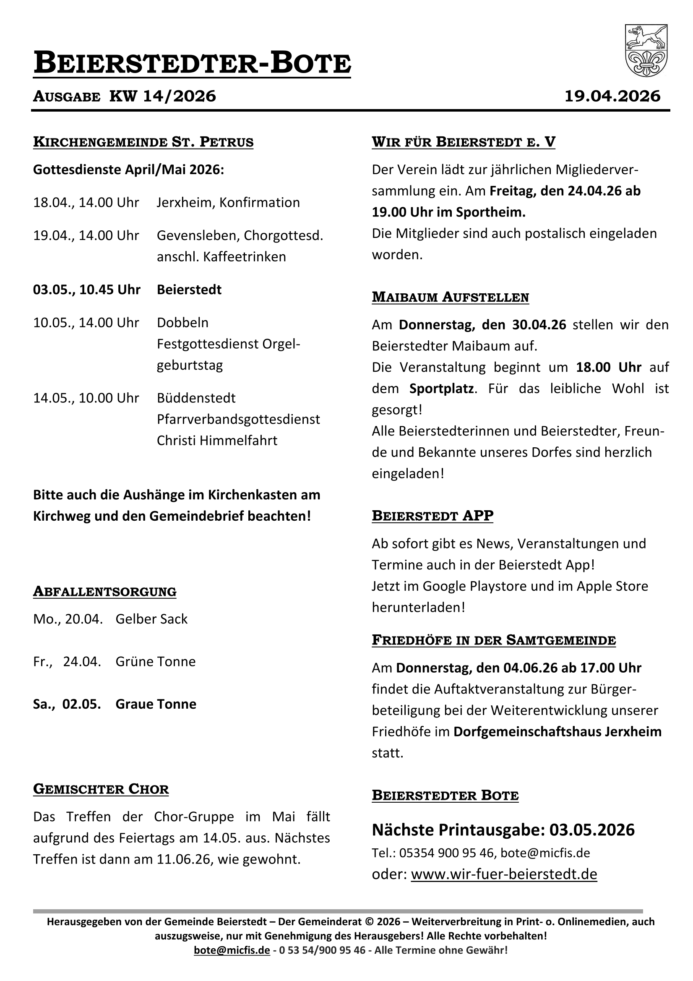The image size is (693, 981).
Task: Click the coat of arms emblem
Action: tap(646, 50)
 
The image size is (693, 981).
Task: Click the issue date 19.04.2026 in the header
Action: tap(612, 96)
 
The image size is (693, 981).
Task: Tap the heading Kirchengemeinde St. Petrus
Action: tap(143, 142)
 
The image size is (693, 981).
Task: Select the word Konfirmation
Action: tap(259, 202)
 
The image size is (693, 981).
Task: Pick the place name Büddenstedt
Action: tap(196, 398)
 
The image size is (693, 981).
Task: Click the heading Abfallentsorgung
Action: tap(105, 592)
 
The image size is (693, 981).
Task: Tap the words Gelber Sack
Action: tap(151, 619)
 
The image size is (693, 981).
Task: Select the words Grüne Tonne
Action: tap(156, 662)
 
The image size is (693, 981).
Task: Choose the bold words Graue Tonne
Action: tap(156, 704)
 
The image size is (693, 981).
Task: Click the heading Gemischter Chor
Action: tap(101, 789)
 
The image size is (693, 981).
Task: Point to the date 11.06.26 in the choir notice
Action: tap(183, 859)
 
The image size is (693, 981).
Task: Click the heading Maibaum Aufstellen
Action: tap(450, 297)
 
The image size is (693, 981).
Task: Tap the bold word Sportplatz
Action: tap(441, 389)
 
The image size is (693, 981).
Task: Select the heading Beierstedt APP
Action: tap(432, 516)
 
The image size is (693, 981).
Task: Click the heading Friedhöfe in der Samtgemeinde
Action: tap(493, 640)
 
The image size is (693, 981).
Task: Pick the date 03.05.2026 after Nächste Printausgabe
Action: tap(592, 830)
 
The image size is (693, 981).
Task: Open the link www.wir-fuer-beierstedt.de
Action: tap(504, 874)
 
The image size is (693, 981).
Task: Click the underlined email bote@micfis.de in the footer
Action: tap(232, 950)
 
